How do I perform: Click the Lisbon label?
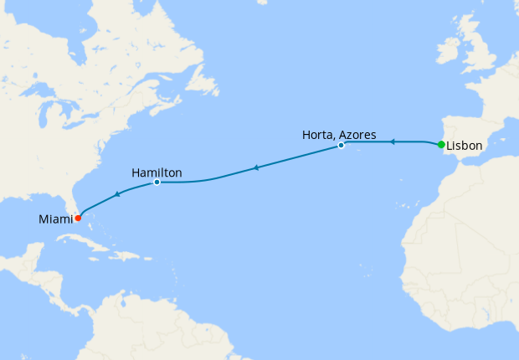click(464, 146)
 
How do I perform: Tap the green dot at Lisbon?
click(441, 144)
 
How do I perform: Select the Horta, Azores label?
click(339, 134)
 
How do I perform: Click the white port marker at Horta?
click(341, 146)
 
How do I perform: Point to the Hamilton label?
click(157, 173)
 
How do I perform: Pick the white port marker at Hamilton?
click(157, 182)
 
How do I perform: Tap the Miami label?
click(55, 219)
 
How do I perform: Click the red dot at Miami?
click(78, 218)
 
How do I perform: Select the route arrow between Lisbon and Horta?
click(391, 142)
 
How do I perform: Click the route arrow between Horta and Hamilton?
click(255, 168)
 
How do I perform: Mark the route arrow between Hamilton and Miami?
click(117, 194)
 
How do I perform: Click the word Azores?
click(358, 134)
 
